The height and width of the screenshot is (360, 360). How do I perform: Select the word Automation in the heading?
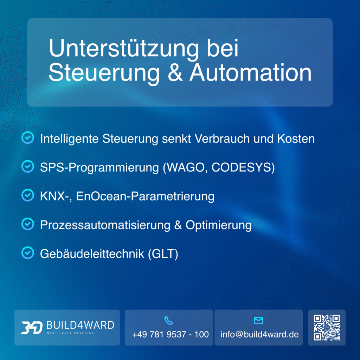251,73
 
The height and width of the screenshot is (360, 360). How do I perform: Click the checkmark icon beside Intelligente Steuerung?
28,138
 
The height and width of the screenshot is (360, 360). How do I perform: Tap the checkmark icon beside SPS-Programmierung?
28,167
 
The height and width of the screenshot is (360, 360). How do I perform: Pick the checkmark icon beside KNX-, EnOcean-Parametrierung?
28,195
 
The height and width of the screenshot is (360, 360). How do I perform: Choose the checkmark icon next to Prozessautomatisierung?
28,224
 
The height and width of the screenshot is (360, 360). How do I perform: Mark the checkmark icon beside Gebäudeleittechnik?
28,253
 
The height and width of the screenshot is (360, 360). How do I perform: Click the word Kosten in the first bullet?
296,138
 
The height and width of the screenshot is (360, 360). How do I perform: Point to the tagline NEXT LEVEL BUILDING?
71,333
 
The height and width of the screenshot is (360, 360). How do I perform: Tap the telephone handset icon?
169,321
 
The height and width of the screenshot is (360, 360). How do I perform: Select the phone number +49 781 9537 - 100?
171,334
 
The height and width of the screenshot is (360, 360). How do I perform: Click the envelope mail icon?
258,321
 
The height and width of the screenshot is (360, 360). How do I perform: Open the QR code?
327,328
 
